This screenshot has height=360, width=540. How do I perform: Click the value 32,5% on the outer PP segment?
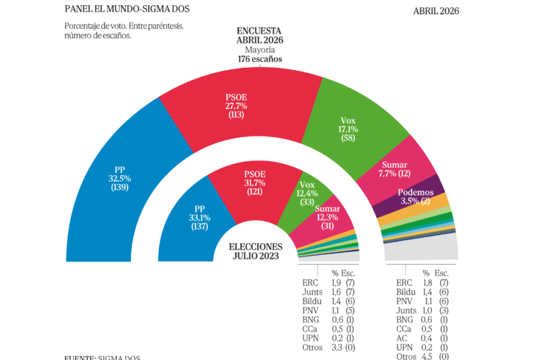pos(120,178)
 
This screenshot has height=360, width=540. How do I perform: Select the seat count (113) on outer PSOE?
pos(236,115)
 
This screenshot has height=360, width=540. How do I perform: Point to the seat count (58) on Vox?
pos(350,138)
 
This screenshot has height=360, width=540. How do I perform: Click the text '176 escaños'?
pos(260,59)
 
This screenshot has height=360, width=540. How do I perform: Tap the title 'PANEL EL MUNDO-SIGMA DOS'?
pos(127,9)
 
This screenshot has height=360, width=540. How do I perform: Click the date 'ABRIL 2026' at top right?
pos(436,11)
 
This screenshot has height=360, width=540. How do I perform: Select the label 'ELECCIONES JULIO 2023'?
pos(255,251)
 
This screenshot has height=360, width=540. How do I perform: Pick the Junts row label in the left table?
pos(312,292)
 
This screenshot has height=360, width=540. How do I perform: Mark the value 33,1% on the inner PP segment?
pos(199,218)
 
